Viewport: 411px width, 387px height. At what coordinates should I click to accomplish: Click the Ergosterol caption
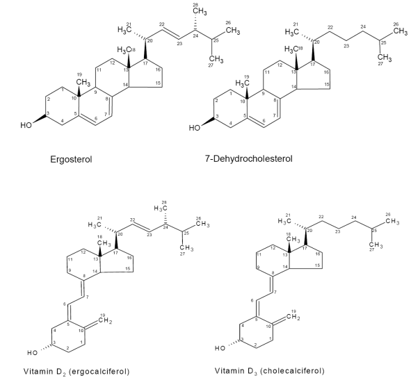[x=71, y=159]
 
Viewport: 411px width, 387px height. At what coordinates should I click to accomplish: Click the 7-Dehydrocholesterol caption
[x=249, y=158]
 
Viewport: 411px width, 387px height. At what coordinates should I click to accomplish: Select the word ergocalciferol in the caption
[x=99, y=372]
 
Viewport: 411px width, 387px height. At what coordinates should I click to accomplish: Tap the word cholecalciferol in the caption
[x=293, y=371]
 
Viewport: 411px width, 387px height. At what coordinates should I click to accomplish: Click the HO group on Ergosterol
[x=26, y=125]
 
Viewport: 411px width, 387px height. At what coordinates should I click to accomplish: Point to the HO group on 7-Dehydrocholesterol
[x=195, y=128]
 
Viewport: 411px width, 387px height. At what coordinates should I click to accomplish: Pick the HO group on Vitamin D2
[x=32, y=353]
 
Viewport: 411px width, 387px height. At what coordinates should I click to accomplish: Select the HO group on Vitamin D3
[x=220, y=348]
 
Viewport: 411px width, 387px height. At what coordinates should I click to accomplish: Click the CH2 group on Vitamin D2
[x=105, y=320]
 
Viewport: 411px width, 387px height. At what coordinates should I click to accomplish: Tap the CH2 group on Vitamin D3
[x=293, y=317]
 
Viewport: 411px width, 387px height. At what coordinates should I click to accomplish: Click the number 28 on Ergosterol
[x=195, y=5]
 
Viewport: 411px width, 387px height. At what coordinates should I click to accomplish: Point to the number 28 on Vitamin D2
[x=164, y=202]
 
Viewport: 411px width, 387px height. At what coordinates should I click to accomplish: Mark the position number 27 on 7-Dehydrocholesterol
[x=380, y=64]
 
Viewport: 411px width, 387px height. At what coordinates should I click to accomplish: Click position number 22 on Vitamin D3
[x=321, y=217]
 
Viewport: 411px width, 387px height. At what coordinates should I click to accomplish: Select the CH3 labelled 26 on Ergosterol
[x=233, y=31]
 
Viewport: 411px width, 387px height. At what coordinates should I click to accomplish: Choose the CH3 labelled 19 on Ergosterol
[x=83, y=82]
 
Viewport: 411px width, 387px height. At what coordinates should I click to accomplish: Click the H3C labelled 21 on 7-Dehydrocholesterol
[x=291, y=32]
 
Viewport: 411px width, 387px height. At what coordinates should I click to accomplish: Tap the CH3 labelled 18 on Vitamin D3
[x=293, y=239]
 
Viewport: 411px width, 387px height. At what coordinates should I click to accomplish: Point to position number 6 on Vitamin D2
[x=65, y=304]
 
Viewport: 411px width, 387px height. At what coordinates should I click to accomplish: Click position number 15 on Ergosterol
[x=158, y=83]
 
